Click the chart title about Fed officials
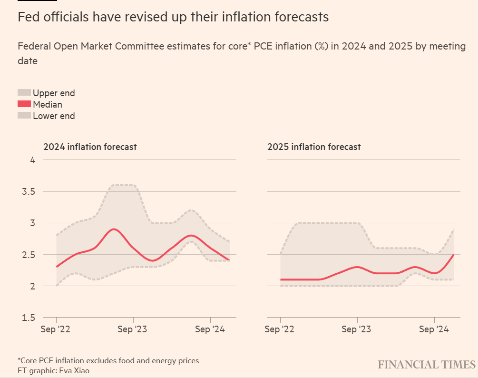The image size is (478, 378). [x=173, y=17]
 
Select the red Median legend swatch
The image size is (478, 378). [x=24, y=104]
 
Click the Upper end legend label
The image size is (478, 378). [x=54, y=93]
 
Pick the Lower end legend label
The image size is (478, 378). [x=54, y=116]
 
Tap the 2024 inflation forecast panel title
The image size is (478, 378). [x=90, y=147]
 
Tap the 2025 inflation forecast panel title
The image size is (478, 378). [x=314, y=147]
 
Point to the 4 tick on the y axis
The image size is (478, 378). [x=33, y=160]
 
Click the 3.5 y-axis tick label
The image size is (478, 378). [x=29, y=191]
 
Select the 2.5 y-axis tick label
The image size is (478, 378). [x=29, y=254]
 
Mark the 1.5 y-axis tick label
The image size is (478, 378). [x=29, y=317]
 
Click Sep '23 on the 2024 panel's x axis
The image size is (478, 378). [x=133, y=329]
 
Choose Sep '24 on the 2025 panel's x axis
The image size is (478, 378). [x=434, y=329]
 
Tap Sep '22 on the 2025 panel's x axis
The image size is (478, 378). [x=280, y=329]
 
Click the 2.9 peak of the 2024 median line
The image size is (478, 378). [x=114, y=229]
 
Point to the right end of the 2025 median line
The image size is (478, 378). [x=454, y=255]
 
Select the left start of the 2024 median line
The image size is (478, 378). [x=57, y=267]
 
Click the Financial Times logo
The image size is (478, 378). [x=426, y=365]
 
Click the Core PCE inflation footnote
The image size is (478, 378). [x=108, y=360]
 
